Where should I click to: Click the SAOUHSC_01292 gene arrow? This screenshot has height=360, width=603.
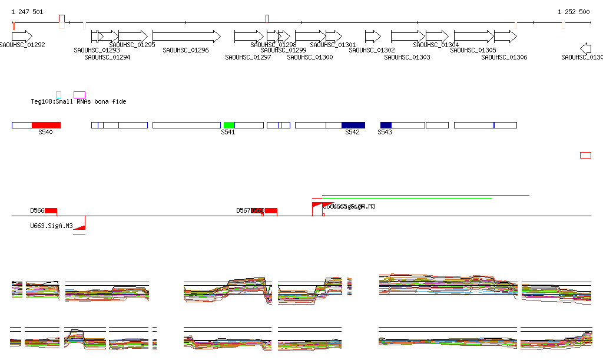point(22,37)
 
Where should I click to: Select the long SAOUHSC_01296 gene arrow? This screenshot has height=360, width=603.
point(186,37)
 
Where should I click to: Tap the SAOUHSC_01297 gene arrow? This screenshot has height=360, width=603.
point(249,37)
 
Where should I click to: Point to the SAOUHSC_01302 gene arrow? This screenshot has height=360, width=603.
point(373,37)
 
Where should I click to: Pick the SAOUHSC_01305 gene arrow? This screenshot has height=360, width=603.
point(473,37)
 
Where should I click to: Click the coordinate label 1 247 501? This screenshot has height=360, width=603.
point(27,12)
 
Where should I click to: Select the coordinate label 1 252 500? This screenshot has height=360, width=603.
point(574,12)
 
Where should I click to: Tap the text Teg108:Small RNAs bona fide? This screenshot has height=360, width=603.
point(78,102)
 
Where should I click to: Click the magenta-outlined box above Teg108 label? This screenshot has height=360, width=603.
point(79,94)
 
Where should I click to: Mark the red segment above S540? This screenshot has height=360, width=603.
point(46,125)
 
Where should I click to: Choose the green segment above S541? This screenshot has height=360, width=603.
point(229,125)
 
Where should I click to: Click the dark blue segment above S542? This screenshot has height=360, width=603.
point(353,125)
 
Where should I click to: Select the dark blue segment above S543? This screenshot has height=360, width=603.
point(386,125)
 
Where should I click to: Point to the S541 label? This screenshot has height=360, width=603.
point(228,133)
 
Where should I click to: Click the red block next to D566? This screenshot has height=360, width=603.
point(51,210)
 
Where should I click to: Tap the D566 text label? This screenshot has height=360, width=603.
point(37,210)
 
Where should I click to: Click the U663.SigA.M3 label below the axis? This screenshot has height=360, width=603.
point(51,226)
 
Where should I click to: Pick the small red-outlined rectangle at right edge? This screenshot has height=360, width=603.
point(585,155)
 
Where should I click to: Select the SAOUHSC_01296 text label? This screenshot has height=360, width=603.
point(185,51)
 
